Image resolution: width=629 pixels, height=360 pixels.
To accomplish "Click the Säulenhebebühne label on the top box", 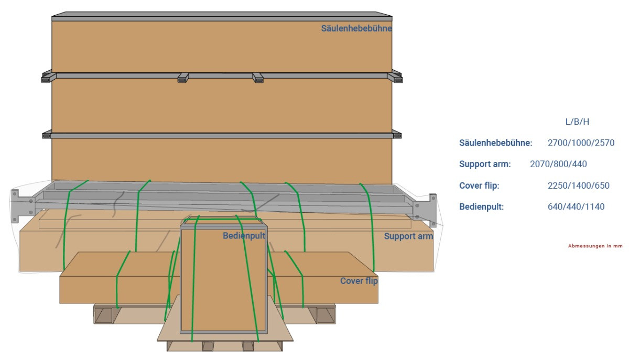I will pos(356,28).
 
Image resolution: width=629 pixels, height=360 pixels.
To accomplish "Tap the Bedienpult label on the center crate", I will pos(244,236).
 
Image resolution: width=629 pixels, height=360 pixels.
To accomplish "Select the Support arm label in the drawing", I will pos(408,236).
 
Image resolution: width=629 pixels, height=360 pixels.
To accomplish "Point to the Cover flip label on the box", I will pos(359,281).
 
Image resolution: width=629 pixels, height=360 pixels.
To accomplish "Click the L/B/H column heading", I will pos(577,122).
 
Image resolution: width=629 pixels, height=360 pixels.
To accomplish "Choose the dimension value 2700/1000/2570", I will pos(581,143).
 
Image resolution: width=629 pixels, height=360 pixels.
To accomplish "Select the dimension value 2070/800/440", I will pos(558,164).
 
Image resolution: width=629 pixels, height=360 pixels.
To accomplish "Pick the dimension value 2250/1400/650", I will pos(579,186).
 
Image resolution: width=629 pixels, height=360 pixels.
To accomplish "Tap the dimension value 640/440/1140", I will pos(576,206).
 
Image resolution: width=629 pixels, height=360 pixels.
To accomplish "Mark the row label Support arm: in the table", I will pos(485,164).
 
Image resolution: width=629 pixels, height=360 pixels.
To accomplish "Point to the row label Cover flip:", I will pos(479,186).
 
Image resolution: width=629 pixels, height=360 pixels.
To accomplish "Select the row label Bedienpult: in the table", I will pos(481,206).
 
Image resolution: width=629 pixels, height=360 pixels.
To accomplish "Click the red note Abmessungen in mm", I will pos(595,246).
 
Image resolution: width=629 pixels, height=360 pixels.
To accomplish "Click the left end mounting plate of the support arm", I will pos(21,204).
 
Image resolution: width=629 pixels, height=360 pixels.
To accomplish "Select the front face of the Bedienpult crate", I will pos(224,283).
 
